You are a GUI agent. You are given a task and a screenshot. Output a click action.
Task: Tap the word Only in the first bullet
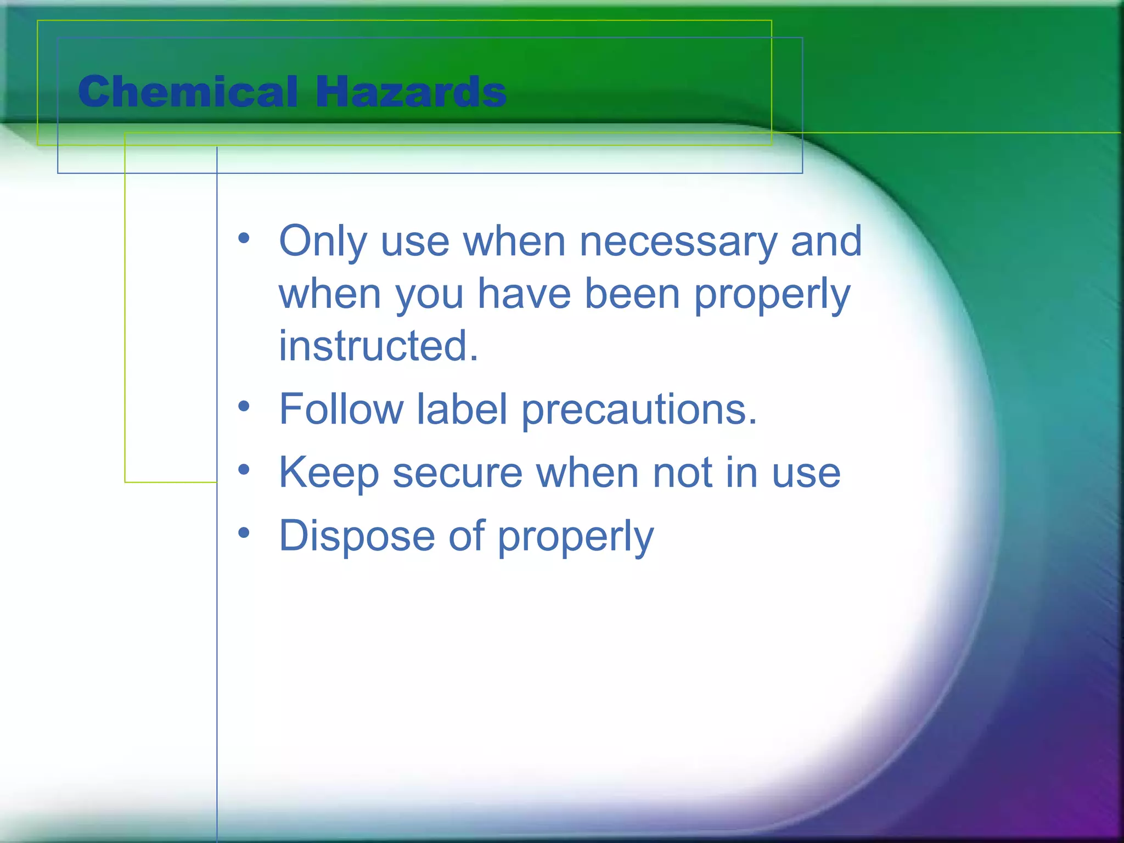pyautogui.click(x=323, y=241)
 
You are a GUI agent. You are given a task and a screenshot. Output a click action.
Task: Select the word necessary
pyautogui.click(x=678, y=241)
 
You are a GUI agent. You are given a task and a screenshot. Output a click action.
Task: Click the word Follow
pyautogui.click(x=341, y=409)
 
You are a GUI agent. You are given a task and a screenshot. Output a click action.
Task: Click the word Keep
pyautogui.click(x=329, y=473)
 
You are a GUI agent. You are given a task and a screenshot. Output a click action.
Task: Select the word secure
pyautogui.click(x=457, y=473)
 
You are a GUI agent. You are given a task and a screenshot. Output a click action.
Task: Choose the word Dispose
pyautogui.click(x=357, y=536)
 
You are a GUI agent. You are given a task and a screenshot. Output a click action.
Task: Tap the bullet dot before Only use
pyautogui.click(x=244, y=238)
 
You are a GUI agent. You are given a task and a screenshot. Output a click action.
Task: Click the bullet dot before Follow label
pyautogui.click(x=244, y=406)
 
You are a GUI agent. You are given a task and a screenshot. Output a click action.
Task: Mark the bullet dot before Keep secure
pyautogui.click(x=244, y=470)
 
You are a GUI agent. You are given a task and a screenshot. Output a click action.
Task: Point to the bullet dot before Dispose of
pyautogui.click(x=244, y=533)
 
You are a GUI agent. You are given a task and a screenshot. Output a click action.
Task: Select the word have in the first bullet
pyautogui.click(x=524, y=294)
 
